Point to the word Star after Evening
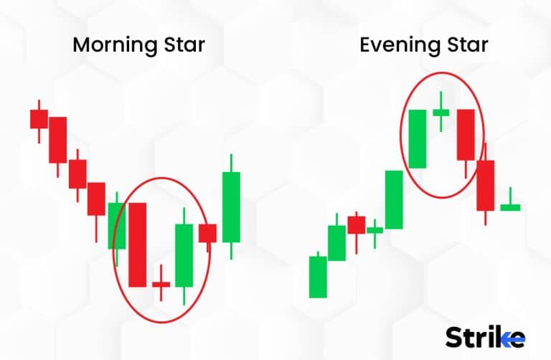463,45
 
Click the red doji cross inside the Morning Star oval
161,285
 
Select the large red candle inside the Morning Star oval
137,245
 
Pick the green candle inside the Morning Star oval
184,256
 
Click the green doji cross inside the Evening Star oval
441,111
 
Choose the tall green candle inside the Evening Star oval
418,138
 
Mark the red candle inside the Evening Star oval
466,135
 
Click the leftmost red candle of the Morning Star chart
39,118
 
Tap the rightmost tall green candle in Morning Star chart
231,207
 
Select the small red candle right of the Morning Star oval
208,233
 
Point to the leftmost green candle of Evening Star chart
318,276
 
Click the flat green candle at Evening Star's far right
510,207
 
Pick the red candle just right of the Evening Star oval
486,184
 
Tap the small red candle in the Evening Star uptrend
357,224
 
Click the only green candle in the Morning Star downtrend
116,225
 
